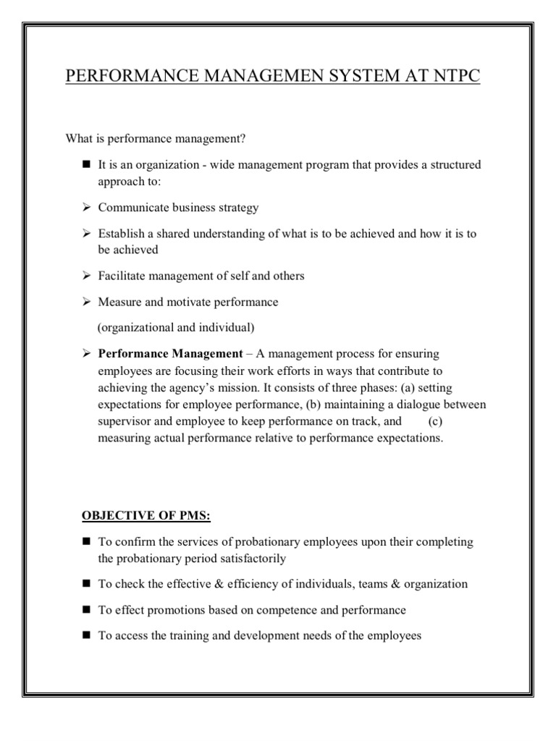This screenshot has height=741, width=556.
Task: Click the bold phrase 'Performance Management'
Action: point(170,354)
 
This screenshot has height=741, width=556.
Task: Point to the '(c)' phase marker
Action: point(435,421)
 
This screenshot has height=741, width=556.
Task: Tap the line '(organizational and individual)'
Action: point(176,327)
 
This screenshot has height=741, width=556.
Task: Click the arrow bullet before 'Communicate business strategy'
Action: point(85,208)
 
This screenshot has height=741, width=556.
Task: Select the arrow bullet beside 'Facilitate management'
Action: point(85,276)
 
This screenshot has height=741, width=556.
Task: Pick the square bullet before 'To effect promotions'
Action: point(85,609)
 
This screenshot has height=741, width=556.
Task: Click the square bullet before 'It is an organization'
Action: point(85,165)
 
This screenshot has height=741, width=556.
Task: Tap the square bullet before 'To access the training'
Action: point(85,635)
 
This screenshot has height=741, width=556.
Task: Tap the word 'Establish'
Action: point(121,234)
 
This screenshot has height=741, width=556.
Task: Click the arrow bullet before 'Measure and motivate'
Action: point(85,302)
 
